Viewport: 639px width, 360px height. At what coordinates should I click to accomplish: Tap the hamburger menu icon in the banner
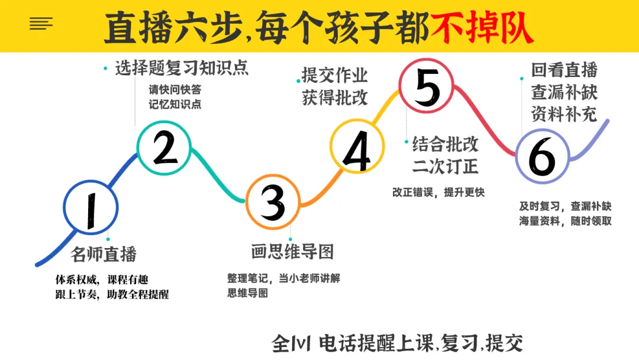[41, 24]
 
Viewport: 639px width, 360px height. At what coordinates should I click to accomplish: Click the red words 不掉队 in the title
[482, 28]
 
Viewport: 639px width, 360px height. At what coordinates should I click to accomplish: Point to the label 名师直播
[104, 254]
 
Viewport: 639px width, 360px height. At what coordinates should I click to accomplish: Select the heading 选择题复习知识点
[182, 67]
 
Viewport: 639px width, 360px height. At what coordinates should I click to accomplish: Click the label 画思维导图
[293, 252]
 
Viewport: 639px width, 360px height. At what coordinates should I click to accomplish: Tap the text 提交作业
[334, 75]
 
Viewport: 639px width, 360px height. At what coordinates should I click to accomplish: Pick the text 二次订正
[445, 166]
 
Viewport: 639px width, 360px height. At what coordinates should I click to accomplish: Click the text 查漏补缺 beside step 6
[564, 92]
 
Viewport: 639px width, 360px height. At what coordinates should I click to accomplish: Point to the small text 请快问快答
[175, 89]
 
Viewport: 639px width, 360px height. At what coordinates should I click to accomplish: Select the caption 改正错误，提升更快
[438, 192]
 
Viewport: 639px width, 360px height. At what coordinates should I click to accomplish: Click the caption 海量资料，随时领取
[565, 221]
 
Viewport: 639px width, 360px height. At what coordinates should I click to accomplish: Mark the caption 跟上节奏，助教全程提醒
[112, 294]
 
